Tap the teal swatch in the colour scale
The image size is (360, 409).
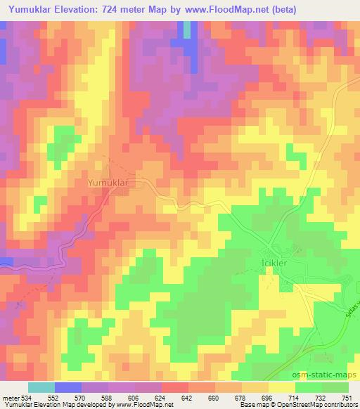point(41,387)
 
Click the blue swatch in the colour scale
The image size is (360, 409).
point(67,387)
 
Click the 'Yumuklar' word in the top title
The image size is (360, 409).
point(27,9)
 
